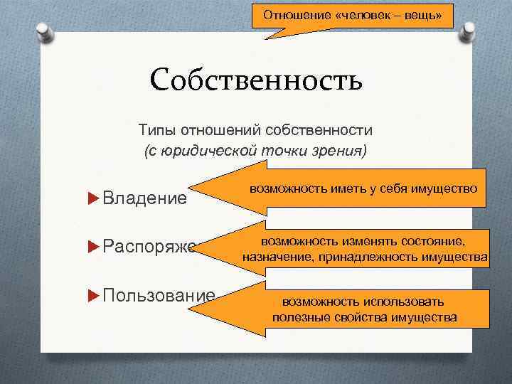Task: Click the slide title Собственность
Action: click(256, 80)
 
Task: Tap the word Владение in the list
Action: click(145, 197)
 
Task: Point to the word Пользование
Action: click(159, 295)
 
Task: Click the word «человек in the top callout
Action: click(363, 14)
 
